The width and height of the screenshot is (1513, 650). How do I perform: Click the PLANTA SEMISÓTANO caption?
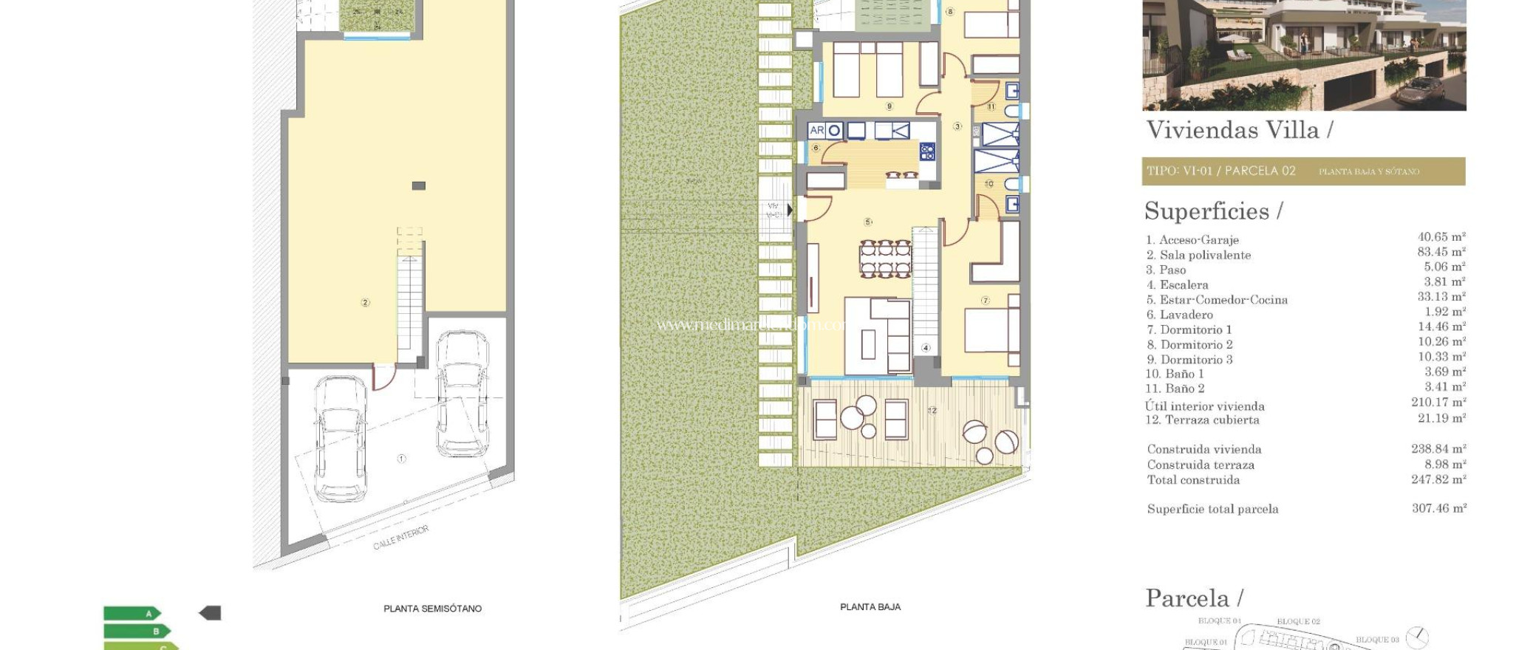coord(432,609)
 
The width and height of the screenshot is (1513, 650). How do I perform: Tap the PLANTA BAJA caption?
coord(870,607)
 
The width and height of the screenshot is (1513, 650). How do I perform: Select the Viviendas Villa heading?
coord(1238,131)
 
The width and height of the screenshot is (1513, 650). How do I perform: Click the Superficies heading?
coord(1212,212)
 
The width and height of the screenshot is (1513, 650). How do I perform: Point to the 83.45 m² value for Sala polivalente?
coord(1441,252)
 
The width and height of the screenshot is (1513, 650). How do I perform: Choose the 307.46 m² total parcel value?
coord(1438,508)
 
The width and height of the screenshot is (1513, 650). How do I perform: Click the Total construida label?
coord(1193,480)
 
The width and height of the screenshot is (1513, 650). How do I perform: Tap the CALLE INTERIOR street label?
coord(400,538)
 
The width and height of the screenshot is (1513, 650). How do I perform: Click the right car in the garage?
coord(461,394)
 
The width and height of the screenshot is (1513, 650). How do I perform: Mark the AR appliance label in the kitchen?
coord(816,131)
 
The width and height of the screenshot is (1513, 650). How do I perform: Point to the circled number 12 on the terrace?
coord(932,410)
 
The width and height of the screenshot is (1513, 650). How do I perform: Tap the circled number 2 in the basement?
coord(365,302)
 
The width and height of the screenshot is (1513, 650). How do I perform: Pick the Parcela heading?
coord(1193,598)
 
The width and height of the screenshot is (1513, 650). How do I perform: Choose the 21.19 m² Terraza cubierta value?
coord(1441,418)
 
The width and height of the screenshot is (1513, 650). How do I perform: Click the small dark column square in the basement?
coord(418,185)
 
